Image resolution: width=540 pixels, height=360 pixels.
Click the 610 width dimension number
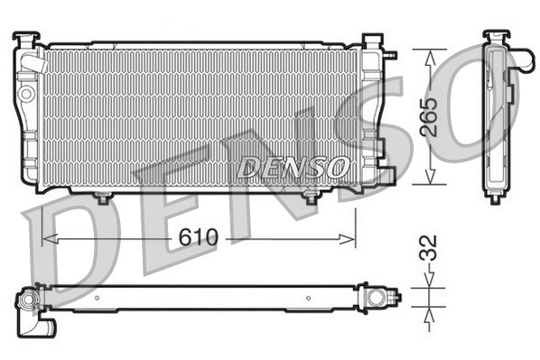click(198, 238)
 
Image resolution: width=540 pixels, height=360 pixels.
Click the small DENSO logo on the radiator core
click(293, 167)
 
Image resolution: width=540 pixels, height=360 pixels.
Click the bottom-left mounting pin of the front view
click(102, 197)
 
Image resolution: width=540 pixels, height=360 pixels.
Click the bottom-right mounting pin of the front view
click(312, 197)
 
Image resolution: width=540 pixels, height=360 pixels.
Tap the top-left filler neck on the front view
click(27, 40)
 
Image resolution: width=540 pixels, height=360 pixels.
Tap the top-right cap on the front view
click(371, 42)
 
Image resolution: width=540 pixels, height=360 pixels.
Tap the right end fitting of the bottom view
click(373, 296)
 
